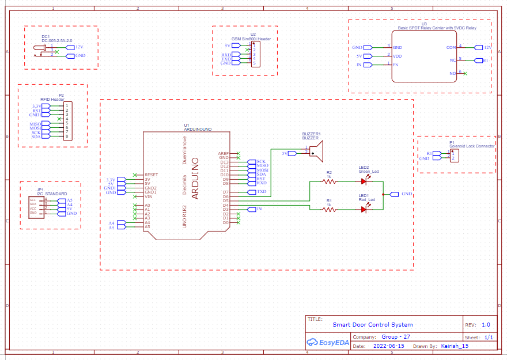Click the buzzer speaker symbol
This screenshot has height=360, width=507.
point(315,151)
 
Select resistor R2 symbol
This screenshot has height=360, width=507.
point(329,181)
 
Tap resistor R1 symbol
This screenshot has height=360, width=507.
point(329,210)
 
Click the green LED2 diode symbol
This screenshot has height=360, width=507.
point(364,181)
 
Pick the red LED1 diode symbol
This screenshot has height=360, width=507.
point(364,210)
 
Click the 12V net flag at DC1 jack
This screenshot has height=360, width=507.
point(75,47)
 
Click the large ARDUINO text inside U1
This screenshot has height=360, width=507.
point(195,178)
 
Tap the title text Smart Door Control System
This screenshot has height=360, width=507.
point(373,325)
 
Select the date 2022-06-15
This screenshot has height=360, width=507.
point(388,347)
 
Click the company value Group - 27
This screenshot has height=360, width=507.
point(396,336)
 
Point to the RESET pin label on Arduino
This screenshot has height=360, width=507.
point(151,175)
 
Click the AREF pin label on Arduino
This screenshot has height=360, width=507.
point(224,153)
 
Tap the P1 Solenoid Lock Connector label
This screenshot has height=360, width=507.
point(471,146)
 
